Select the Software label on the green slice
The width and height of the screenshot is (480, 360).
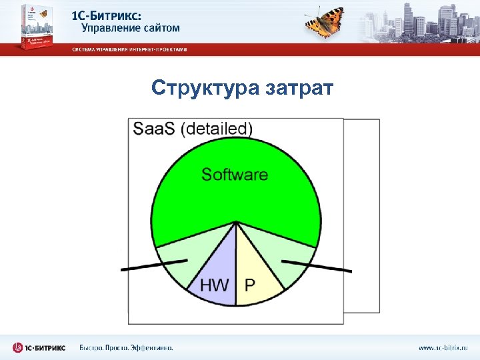pos(235,175)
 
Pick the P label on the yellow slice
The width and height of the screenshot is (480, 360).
pos(250,285)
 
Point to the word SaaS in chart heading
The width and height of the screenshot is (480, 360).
pos(155,129)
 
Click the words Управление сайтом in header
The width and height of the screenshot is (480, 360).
pos(130,29)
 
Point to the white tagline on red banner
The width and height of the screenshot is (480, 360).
pos(129,49)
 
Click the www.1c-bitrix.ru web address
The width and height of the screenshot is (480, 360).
pos(443,347)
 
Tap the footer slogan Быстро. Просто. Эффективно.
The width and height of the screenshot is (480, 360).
pos(126,347)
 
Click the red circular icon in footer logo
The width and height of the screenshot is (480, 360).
pos(18,347)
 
